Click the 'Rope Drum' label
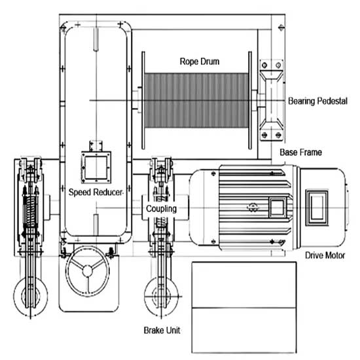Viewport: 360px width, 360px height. click(x=200, y=62)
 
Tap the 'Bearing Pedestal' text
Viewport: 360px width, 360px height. click(x=317, y=101)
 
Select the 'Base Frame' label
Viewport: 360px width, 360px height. click(x=299, y=152)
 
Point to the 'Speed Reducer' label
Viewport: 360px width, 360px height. click(x=96, y=192)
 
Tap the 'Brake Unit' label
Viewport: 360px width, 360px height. click(x=162, y=331)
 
